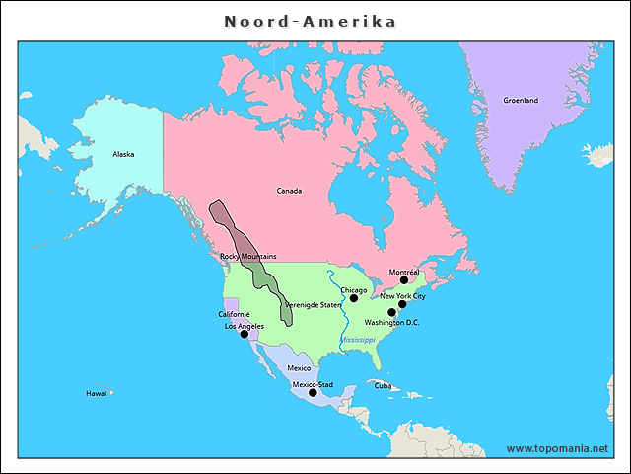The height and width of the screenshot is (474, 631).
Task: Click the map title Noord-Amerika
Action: tap(311, 21)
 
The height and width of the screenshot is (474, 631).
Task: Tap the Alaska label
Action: tap(123, 154)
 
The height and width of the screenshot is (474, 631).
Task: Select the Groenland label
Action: tap(521, 101)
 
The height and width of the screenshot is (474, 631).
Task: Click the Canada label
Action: tap(289, 191)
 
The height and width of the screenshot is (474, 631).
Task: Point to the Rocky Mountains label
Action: tap(247, 256)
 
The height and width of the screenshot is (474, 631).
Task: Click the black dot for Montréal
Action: tap(403, 280)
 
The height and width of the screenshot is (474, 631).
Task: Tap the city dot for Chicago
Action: tap(354, 298)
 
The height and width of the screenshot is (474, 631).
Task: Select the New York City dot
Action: tap(402, 304)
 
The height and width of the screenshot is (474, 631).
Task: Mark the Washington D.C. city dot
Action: tap(391, 313)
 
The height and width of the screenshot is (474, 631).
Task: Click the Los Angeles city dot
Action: tap(245, 335)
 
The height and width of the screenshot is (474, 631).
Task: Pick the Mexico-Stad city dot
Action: tap(313, 393)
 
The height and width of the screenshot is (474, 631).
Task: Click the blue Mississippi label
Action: tap(358, 340)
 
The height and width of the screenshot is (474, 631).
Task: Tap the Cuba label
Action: tap(383, 385)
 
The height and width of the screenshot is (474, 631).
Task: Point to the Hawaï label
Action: tap(96, 393)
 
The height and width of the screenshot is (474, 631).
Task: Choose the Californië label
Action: tap(234, 314)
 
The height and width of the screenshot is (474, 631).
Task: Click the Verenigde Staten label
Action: tap(313, 305)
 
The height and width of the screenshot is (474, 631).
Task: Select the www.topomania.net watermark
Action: tap(557, 448)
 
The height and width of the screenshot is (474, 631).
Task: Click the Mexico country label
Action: tap(299, 368)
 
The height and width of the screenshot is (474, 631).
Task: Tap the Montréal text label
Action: tap(404, 272)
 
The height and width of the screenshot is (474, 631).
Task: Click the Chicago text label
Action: tap(353, 290)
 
